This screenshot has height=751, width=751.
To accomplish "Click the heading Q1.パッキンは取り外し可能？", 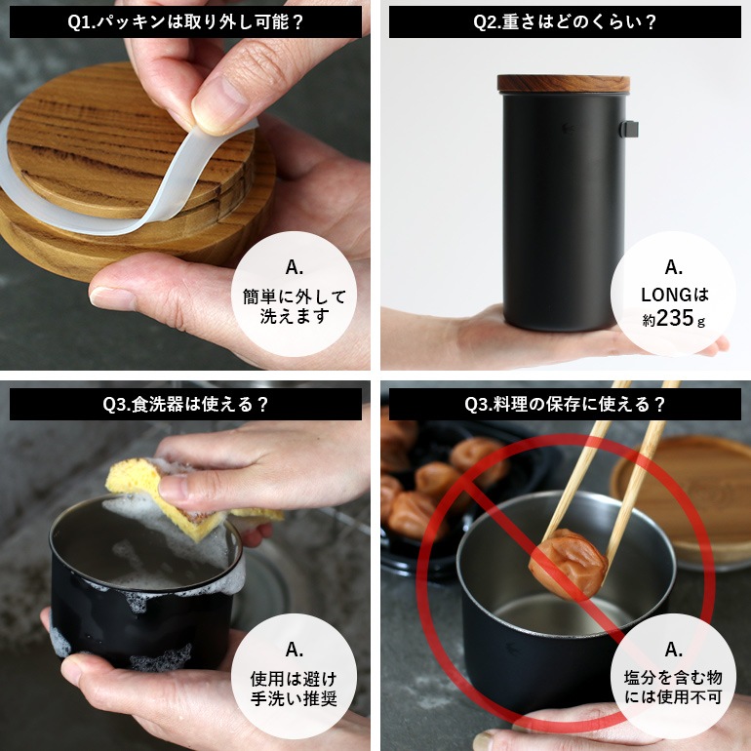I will tap(185, 22).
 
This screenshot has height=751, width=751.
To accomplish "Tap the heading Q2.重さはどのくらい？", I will tap(564, 22).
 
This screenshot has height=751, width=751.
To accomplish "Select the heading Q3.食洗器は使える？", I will tap(185, 403).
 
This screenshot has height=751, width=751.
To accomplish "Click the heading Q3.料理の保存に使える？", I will tap(564, 403).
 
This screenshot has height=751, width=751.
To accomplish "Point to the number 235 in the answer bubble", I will tap(675, 318).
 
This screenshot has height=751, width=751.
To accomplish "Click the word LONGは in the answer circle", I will tap(674, 295).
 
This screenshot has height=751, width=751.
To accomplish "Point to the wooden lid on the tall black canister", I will tap(563, 84).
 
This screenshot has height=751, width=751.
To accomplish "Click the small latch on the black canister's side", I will tap(632, 128).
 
